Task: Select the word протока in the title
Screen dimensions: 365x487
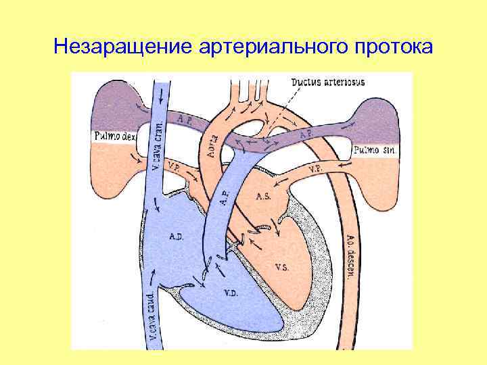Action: (x=392, y=47)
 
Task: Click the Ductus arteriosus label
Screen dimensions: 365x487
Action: (x=328, y=82)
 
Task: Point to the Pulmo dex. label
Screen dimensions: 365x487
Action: (x=114, y=137)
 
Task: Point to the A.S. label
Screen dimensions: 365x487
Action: (x=263, y=197)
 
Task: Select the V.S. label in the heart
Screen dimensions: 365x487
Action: (x=282, y=266)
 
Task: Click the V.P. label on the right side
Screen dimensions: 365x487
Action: (x=315, y=168)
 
